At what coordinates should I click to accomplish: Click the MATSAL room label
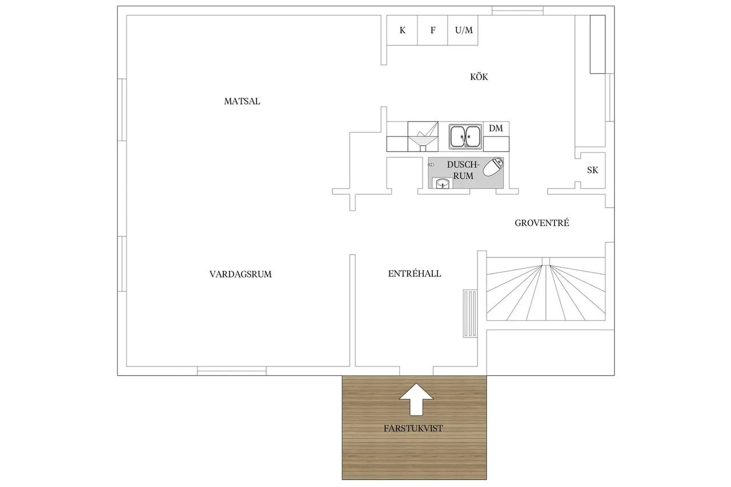(x=242, y=101)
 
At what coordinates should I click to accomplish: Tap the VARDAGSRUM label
(x=240, y=274)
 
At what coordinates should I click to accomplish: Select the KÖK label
(x=479, y=77)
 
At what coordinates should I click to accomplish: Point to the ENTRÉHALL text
(x=415, y=273)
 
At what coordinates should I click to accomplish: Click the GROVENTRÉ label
(x=542, y=223)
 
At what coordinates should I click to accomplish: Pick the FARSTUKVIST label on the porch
(x=413, y=428)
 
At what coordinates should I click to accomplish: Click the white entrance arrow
(x=416, y=399)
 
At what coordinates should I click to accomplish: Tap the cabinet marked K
(x=402, y=30)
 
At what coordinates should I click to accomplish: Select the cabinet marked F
(x=433, y=30)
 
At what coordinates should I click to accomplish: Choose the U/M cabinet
(x=463, y=30)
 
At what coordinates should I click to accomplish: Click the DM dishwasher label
(x=496, y=128)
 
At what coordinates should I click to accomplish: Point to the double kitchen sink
(x=465, y=136)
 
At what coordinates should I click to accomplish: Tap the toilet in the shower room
(x=493, y=166)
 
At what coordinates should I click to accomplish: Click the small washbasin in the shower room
(x=443, y=184)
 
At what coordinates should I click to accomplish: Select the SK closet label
(x=592, y=170)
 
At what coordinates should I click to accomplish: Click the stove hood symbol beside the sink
(x=423, y=136)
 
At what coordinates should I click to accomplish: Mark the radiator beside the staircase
(x=470, y=313)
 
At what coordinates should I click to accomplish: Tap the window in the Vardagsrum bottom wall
(x=232, y=371)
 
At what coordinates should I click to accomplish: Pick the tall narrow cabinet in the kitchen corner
(x=597, y=45)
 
